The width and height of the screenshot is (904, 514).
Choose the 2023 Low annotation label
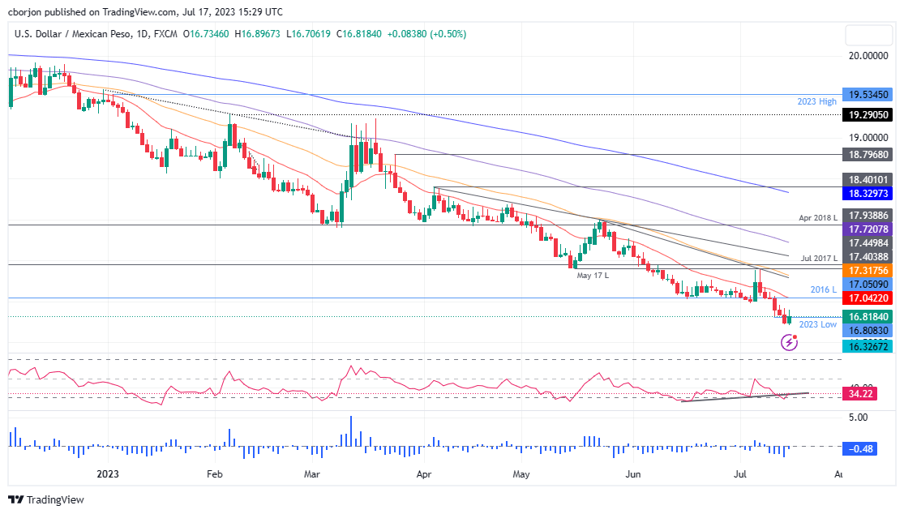click(x=817, y=324)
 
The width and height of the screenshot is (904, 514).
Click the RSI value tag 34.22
click(x=862, y=394)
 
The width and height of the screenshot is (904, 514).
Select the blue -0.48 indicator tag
click(x=862, y=448)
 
